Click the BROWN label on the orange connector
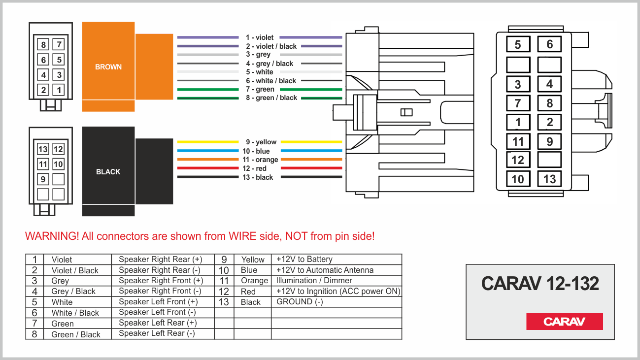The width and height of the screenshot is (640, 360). click(x=108, y=67)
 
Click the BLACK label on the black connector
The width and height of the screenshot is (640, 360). click(x=108, y=171)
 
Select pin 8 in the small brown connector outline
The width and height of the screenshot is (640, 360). click(x=43, y=44)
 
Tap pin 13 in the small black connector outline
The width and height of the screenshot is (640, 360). click(x=43, y=149)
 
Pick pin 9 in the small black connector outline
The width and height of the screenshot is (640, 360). click(x=43, y=179)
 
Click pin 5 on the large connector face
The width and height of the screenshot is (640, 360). click(x=518, y=44)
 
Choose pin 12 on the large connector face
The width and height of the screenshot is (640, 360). click(x=518, y=160)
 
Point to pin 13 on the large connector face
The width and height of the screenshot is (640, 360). click(x=549, y=179)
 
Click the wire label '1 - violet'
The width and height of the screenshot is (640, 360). click(x=260, y=37)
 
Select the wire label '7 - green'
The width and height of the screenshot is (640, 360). click(x=260, y=89)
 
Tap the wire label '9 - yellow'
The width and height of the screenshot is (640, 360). click(x=261, y=142)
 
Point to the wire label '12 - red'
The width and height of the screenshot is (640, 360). click(x=254, y=168)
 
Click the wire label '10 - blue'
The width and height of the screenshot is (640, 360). click(x=256, y=151)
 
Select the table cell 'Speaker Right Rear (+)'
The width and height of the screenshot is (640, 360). click(x=161, y=259)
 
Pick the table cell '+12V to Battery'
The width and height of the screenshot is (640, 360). click(x=304, y=259)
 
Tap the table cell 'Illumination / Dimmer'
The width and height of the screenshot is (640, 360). click(x=314, y=280)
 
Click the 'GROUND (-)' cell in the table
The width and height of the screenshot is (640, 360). click(x=300, y=301)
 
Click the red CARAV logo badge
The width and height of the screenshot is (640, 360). click(x=565, y=322)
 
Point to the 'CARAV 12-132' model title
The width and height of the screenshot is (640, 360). click(x=540, y=284)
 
